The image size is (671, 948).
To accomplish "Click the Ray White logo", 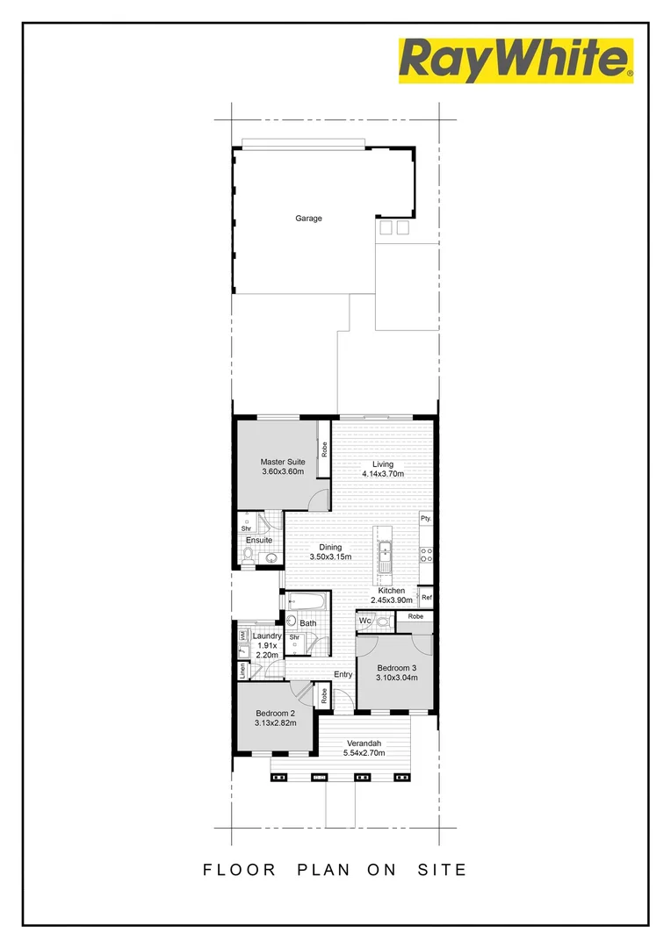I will pyautogui.click(x=516, y=61).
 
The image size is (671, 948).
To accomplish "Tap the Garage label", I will pyautogui.click(x=308, y=218).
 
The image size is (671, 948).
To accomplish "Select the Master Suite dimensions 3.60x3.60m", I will pyautogui.click(x=283, y=471).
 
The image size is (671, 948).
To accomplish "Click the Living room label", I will pyautogui.click(x=383, y=464).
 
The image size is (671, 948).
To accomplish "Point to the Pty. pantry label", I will pyautogui.click(x=426, y=519).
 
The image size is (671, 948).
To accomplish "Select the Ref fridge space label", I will pyautogui.click(x=427, y=598).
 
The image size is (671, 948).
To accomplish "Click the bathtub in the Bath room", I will pyautogui.click(x=307, y=603).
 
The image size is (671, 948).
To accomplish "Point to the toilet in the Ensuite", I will pyautogui.click(x=249, y=553).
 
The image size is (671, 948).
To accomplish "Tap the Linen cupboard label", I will pyautogui.click(x=242, y=671).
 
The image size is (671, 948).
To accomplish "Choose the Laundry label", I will pyautogui.click(x=266, y=636).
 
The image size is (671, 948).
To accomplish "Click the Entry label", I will pyautogui.click(x=343, y=674).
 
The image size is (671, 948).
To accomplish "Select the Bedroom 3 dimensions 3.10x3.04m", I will pyautogui.click(x=396, y=678).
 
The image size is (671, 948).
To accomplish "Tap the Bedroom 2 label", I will pyautogui.click(x=274, y=713).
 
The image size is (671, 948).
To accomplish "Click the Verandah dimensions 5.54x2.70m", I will pyautogui.click(x=365, y=753).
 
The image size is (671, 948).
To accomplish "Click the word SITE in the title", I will pyautogui.click(x=442, y=870).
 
